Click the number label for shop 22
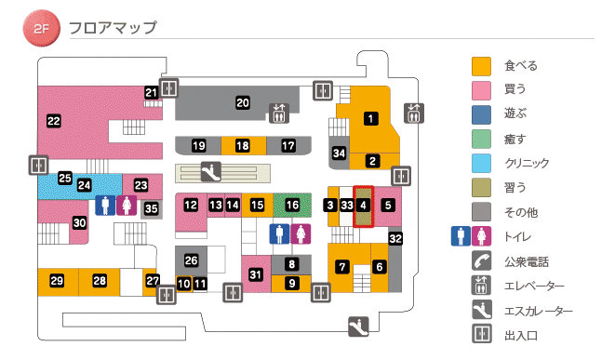[x=54, y=121]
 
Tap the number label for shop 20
[x=243, y=102]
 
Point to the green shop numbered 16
[x=293, y=204]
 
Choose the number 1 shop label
[x=370, y=118]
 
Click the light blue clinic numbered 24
[x=84, y=185]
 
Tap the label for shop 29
[x=57, y=281]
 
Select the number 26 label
[x=192, y=260]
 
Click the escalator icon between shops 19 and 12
[x=209, y=171]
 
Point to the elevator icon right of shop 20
[x=279, y=113]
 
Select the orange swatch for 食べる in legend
[x=481, y=66]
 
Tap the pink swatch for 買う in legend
[x=481, y=90]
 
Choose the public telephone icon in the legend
[x=481, y=260]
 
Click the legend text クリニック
[x=526, y=164]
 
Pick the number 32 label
[x=395, y=239]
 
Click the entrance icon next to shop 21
[x=168, y=88]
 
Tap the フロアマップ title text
[x=113, y=28]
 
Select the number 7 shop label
[x=342, y=267]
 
